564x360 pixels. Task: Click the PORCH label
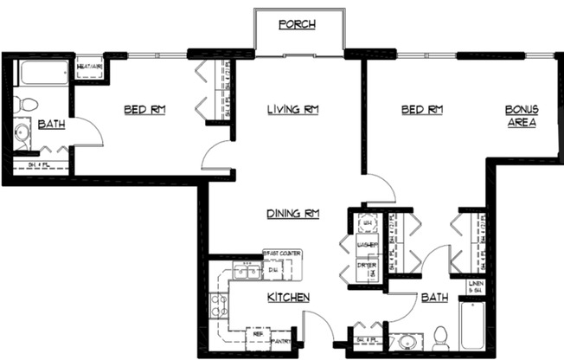pos(296,24)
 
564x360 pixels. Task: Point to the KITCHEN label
pos(288,297)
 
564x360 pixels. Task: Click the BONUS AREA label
pos(522,116)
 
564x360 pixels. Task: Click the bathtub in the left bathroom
pos(44,73)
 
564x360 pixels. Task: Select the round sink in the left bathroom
pos(23,134)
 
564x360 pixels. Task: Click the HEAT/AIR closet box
pos(90,67)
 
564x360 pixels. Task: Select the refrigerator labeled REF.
pos(256,333)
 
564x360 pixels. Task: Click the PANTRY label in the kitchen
pos(280,341)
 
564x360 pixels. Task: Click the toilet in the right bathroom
pos(439,336)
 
